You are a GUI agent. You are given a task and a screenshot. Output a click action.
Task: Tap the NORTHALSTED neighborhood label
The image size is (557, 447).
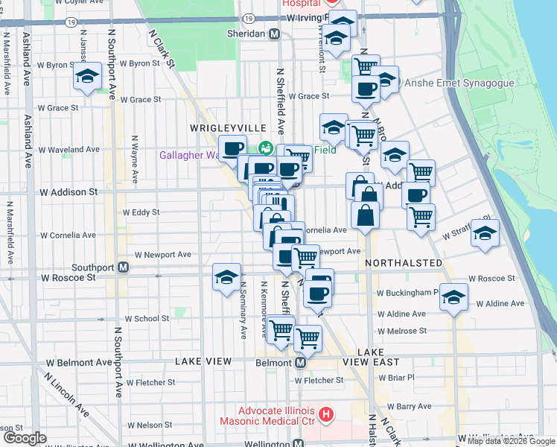(x=404, y=264)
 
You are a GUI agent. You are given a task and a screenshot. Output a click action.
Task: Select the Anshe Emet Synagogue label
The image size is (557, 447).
(x=459, y=83)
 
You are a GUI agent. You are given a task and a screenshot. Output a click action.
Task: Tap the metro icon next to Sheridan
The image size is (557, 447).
(x=274, y=34)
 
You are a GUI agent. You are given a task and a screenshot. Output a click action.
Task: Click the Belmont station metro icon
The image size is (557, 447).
(x=300, y=362)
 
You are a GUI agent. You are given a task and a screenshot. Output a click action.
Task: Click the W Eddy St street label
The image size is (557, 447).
(x=141, y=212)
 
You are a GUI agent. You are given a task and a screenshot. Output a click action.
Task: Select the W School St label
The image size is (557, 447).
(x=147, y=318)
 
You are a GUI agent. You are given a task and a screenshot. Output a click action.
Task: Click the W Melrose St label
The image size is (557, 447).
(x=402, y=331)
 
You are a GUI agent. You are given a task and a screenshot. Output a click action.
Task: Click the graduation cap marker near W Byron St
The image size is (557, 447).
(x=88, y=76)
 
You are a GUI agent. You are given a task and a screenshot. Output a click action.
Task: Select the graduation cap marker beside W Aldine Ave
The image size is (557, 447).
(x=453, y=297)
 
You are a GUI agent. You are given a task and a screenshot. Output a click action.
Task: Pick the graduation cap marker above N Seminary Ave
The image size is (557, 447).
(x=226, y=277)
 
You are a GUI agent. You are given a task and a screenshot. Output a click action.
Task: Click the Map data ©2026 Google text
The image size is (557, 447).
(x=510, y=441)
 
